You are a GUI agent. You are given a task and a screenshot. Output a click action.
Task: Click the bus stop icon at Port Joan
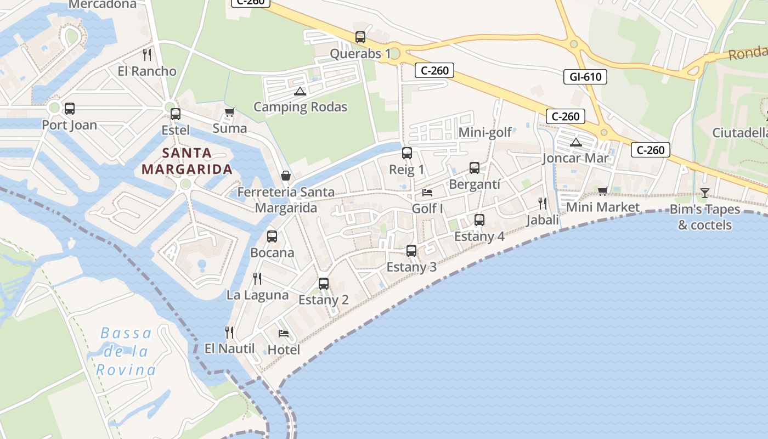[70, 109]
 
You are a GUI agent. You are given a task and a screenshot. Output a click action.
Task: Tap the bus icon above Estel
[176, 114]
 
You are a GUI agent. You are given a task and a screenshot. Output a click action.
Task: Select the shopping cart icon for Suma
[230, 112]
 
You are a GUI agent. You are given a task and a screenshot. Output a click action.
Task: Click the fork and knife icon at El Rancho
[146, 54]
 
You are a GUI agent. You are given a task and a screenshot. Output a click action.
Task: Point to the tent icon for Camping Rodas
[300, 91]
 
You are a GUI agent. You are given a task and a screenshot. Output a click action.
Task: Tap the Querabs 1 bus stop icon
[360, 37]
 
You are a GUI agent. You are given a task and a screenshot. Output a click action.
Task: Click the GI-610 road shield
[585, 77]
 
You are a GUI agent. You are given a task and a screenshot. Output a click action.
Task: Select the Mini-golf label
[485, 132]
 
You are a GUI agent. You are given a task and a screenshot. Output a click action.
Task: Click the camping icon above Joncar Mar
[575, 143]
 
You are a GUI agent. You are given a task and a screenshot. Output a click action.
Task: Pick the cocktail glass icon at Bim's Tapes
[705, 193]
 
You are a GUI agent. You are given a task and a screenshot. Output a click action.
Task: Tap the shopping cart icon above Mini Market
[603, 191]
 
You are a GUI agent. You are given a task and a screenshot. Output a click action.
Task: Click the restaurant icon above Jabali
[543, 204]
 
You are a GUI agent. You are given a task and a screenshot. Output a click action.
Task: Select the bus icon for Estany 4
[479, 220]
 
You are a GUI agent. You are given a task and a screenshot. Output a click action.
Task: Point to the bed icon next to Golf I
[427, 193]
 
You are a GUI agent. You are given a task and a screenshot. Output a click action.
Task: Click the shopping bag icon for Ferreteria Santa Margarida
[286, 176]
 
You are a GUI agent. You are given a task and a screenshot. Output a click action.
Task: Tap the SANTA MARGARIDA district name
[187, 161]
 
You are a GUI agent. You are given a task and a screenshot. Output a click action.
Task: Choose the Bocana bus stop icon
[272, 237]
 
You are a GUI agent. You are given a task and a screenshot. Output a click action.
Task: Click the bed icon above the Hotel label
[284, 333]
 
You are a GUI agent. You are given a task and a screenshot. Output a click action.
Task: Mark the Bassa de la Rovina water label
[126, 351]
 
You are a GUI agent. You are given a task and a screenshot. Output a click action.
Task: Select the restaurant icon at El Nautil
[230, 332]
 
